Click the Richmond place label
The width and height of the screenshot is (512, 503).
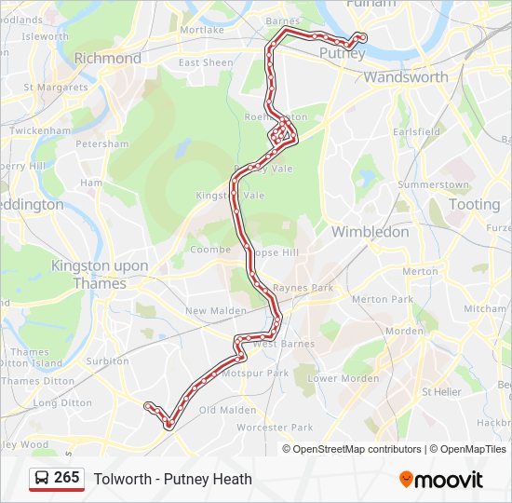pos(107,58)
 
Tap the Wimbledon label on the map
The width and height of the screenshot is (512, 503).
pos(371,231)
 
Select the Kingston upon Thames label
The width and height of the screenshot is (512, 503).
pos(100,275)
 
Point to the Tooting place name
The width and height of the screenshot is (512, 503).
pos(474,204)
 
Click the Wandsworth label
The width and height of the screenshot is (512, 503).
pos(405,77)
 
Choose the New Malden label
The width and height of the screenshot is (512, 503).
pos(215,311)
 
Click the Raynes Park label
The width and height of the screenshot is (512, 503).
pos(303,289)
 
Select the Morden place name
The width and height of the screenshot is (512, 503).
pos(404,331)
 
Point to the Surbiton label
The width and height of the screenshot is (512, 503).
pos(107,360)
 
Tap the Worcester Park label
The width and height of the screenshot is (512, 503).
pos(275,428)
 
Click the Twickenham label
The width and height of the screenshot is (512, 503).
pos(40,130)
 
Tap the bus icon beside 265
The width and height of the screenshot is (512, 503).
pos(43,479)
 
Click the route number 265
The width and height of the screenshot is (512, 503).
pos(67,478)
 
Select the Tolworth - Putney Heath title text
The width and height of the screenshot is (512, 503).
pos(173,479)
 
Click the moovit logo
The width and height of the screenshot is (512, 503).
pos(441,480)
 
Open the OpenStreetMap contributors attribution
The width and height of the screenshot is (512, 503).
pos(357,449)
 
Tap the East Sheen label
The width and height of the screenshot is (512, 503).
pos(206,62)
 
